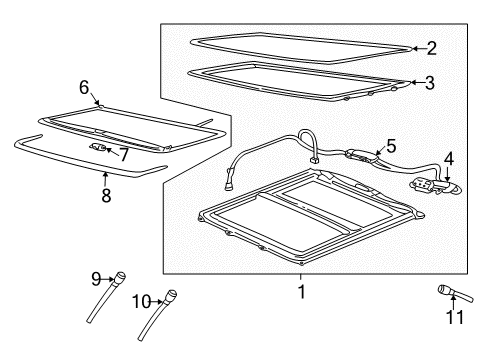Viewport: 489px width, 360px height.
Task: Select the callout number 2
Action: pos(431,46)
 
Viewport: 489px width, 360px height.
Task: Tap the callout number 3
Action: pos(429,83)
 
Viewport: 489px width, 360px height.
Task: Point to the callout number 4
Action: pos(448,158)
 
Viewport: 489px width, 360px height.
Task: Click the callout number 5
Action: pos(391,145)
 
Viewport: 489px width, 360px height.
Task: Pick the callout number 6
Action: pos(84,87)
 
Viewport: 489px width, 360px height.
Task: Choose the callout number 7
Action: pos(124,154)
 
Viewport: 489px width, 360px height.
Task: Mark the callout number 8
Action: pos(107,191)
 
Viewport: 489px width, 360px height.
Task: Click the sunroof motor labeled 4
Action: pos(428,184)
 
